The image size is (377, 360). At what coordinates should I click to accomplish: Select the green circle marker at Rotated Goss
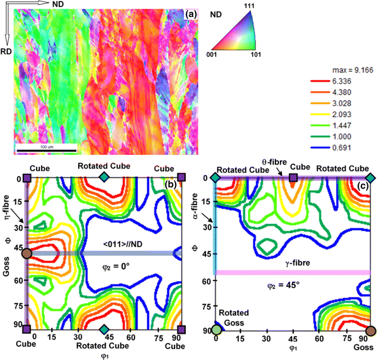point(216,330)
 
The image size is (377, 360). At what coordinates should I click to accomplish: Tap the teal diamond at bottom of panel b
point(103,329)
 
